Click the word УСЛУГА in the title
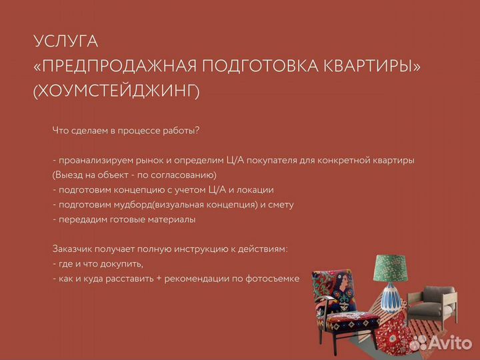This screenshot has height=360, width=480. (x=65, y=41)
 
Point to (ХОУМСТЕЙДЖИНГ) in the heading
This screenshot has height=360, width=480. (x=116, y=91)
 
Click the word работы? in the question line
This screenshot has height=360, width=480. (x=180, y=130)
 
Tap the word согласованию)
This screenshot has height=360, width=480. (x=185, y=175)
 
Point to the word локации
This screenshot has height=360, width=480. (x=256, y=189)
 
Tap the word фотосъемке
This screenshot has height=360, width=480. (x=272, y=278)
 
